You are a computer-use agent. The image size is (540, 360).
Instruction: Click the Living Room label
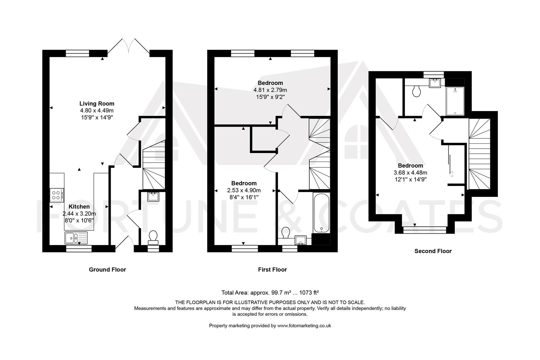(97, 104)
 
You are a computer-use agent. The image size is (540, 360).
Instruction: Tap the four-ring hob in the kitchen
(57, 195)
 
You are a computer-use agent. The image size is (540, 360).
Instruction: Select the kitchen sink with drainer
(76, 238)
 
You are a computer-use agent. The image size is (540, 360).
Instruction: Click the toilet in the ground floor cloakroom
(153, 236)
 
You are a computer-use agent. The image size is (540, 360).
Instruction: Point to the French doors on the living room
(128, 47)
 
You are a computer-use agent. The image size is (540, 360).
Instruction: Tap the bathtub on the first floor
(321, 213)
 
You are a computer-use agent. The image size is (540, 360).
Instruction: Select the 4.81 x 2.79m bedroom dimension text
(270, 90)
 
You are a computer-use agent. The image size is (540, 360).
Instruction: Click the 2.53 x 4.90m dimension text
(244, 190)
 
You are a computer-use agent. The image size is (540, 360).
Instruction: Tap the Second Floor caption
(433, 251)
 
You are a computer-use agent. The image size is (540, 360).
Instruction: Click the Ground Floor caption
(107, 269)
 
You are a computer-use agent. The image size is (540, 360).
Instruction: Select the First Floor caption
(272, 269)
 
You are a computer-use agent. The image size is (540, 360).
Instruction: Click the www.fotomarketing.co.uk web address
(304, 326)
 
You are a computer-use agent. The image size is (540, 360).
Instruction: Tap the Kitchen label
(79, 207)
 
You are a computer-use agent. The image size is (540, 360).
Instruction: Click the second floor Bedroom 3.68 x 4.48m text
(410, 173)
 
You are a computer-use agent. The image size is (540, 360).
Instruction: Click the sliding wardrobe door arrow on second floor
(452, 174)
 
